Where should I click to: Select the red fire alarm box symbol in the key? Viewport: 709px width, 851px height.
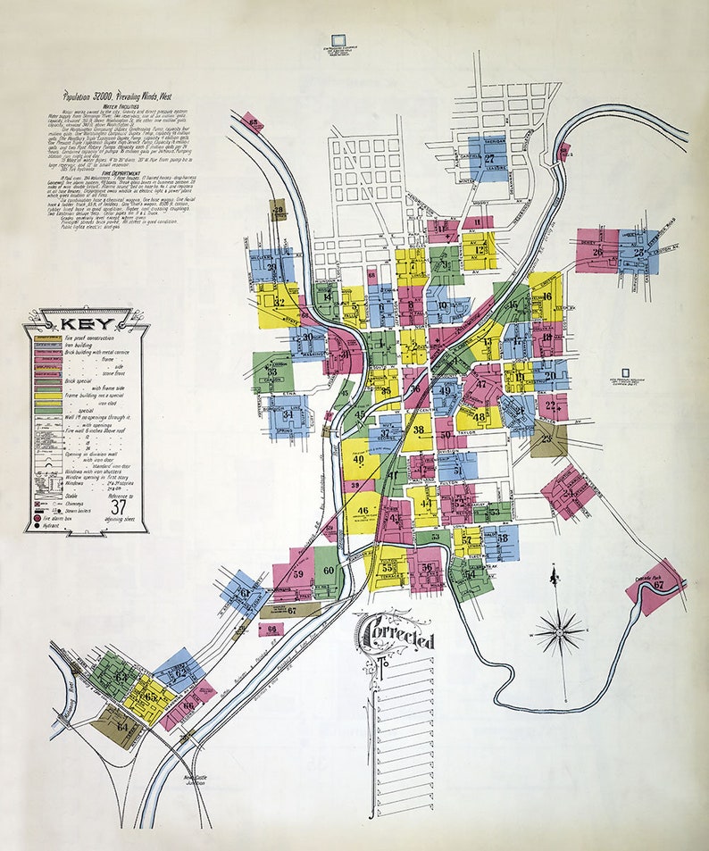(x=38, y=515)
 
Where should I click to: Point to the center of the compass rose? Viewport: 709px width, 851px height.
(x=559, y=630)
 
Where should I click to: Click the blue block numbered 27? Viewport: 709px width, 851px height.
(x=488, y=158)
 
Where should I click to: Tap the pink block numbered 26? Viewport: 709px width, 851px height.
(x=597, y=251)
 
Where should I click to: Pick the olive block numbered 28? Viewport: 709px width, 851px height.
(x=278, y=211)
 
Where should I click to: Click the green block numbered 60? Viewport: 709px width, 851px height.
(x=328, y=570)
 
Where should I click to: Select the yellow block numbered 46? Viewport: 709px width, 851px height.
(x=362, y=511)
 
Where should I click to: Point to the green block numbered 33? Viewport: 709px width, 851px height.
(x=271, y=371)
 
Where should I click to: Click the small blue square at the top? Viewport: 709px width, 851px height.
(x=338, y=40)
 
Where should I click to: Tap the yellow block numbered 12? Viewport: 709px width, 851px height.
(x=480, y=250)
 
